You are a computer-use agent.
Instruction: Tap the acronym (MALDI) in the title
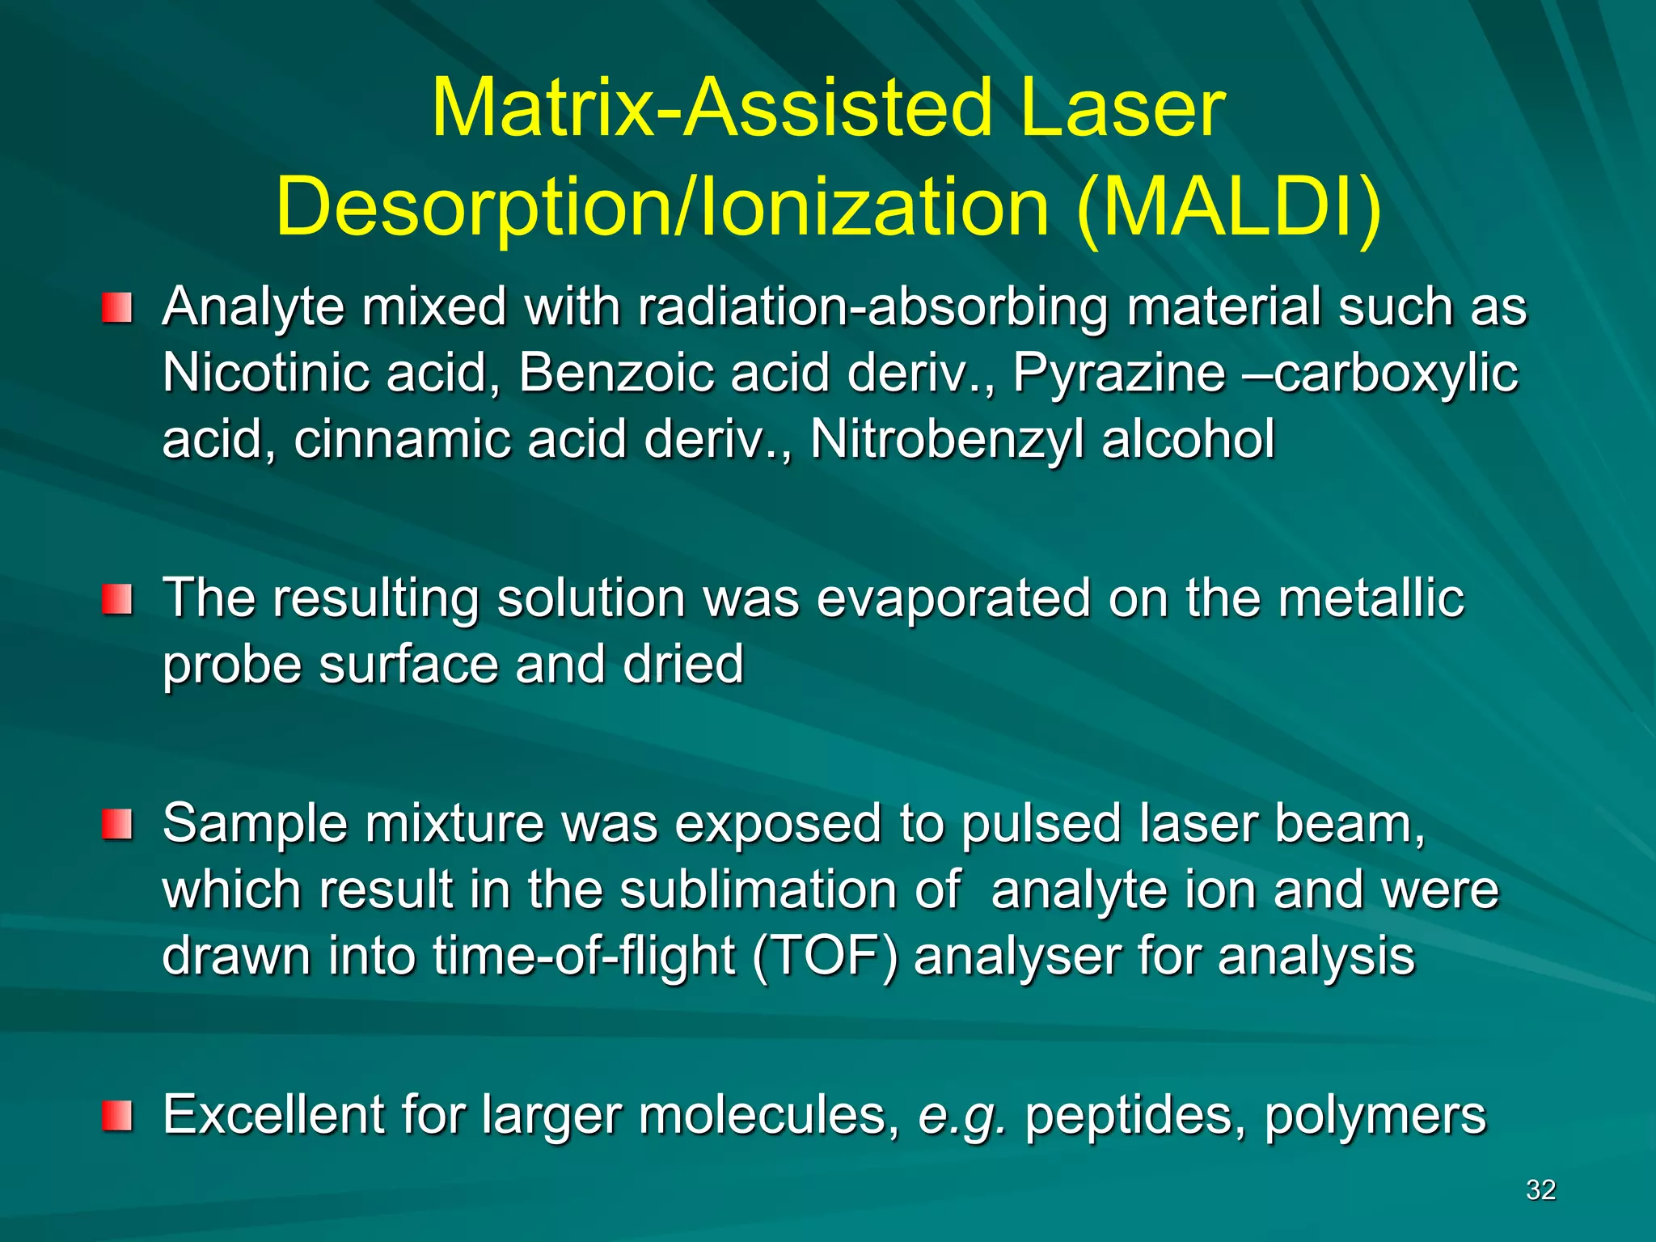1229,209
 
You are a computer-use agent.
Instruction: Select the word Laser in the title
1122,108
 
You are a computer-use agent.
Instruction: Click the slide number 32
1540,1189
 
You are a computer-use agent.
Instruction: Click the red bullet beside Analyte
116,308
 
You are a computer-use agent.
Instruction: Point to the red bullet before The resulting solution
116,600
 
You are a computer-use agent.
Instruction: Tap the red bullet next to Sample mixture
116,825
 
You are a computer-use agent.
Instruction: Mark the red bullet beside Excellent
116,1116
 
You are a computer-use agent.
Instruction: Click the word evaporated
954,600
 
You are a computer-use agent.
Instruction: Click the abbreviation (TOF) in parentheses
825,957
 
